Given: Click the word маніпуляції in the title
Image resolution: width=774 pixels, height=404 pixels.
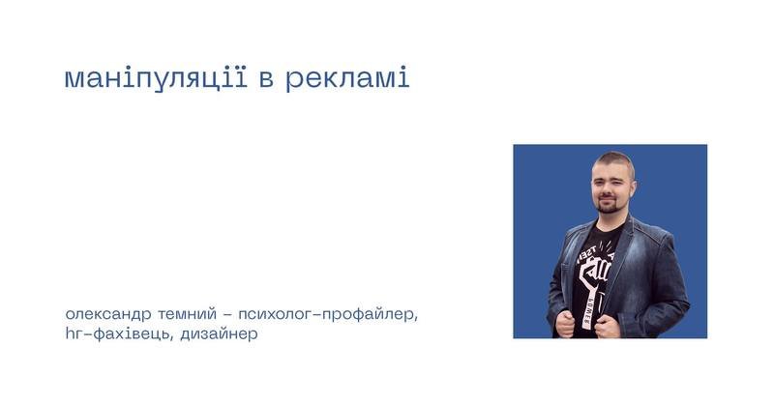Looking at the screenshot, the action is (156, 78).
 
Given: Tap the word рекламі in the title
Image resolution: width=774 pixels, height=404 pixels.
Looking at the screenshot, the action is (347, 78).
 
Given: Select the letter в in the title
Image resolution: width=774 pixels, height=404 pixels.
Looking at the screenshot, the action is (266, 80).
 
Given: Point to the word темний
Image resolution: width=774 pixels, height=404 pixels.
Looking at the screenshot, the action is (187, 314).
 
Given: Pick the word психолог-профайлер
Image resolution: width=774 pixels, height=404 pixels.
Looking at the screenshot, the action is (328, 314).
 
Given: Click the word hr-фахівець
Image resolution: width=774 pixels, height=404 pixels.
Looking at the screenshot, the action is (118, 334).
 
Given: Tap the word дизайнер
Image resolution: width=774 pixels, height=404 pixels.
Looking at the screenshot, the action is (219, 334).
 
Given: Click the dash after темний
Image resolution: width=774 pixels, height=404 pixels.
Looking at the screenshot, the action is (227, 315).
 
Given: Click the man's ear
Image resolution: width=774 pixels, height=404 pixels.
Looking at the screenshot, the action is (633, 188).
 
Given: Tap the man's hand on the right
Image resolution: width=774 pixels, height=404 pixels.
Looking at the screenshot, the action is (608, 326).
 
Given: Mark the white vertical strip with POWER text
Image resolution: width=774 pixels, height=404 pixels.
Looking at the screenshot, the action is (588, 308).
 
